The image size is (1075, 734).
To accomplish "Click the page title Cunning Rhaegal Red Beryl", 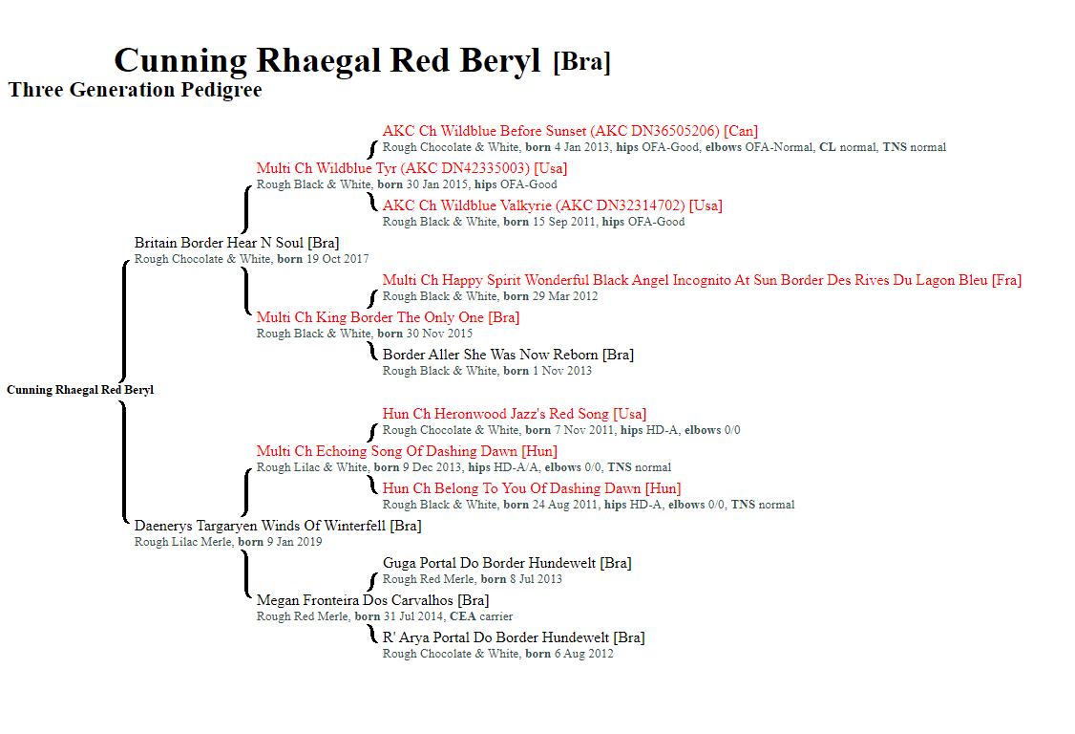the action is tap(327, 60).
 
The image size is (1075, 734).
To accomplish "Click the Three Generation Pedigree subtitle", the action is tap(135, 90).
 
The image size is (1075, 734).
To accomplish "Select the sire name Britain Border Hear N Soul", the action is tap(219, 243).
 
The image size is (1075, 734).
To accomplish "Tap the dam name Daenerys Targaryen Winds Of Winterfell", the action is tap(261, 526).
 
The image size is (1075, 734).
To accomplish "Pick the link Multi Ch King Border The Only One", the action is tap(370, 317).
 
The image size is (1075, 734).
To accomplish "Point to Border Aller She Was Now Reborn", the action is tap(490, 355).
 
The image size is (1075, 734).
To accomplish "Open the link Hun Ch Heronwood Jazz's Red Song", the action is tap(495, 413).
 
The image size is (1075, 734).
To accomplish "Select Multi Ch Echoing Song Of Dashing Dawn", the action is tap(387, 451).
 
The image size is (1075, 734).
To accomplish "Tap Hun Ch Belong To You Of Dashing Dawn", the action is tap(512, 488).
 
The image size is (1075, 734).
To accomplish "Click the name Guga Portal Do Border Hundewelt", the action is tap(490, 563).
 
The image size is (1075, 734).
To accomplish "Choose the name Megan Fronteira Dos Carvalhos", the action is tap(354, 600).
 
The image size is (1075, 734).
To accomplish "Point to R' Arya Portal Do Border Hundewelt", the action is tap(495, 637).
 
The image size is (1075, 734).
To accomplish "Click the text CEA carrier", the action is tap(481, 616).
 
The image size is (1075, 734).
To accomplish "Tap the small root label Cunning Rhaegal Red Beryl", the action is tap(80, 390).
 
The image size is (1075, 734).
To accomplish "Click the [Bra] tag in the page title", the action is tap(581, 62).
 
